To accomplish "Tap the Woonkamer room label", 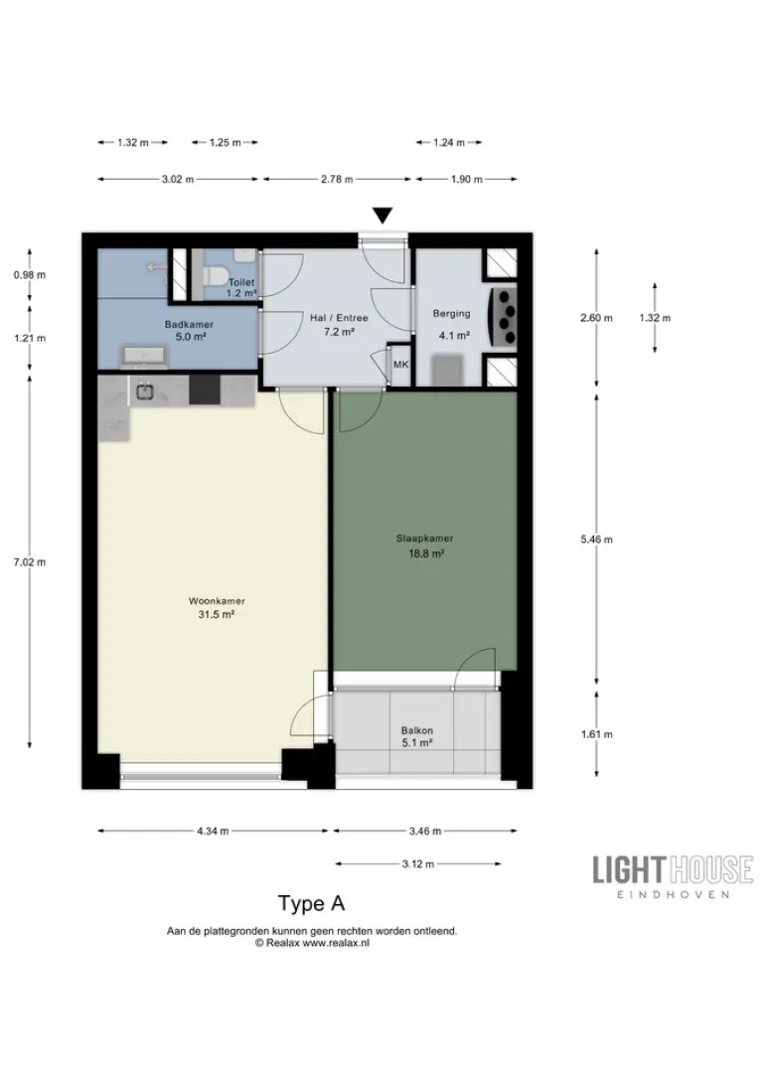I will click(x=217, y=608).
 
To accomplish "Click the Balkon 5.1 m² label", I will click(x=416, y=735).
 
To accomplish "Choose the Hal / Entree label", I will click(x=339, y=325).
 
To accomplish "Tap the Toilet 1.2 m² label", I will click(x=240, y=288).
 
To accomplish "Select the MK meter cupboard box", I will click(x=401, y=366).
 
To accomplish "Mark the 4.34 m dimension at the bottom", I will click(x=214, y=831).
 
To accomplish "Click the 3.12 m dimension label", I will click(x=418, y=864).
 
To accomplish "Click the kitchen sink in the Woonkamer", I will click(x=144, y=390).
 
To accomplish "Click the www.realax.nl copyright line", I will click(x=311, y=943).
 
